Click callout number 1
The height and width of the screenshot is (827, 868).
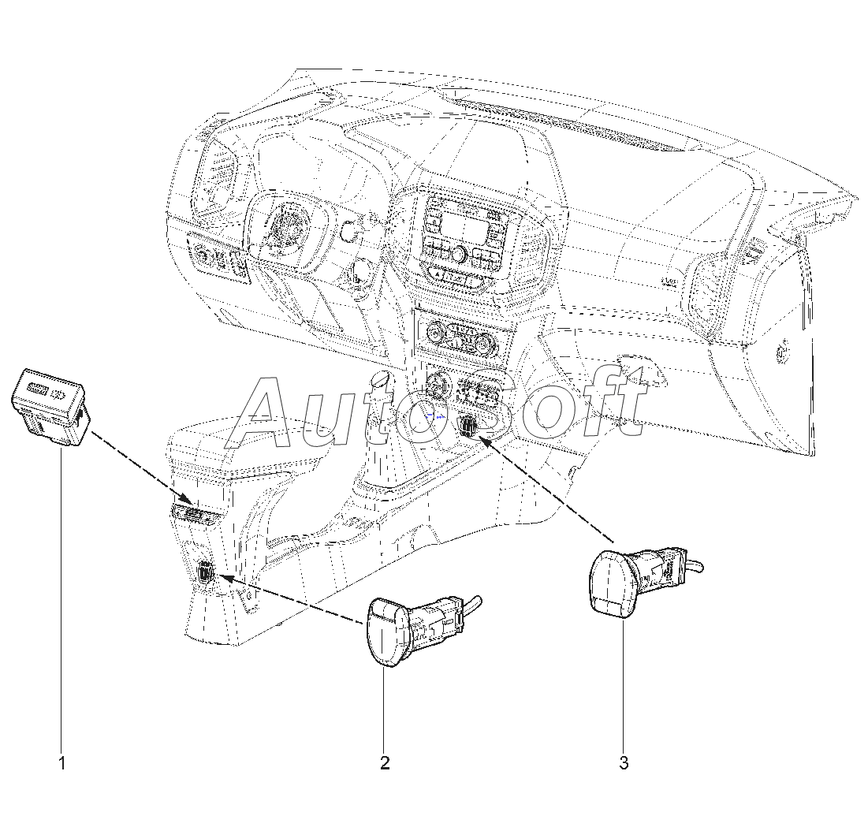[x=61, y=762]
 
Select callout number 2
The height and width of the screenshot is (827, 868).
[x=385, y=762]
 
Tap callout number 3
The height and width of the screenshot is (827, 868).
[x=624, y=762]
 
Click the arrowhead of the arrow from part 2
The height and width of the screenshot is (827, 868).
[x=224, y=578]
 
